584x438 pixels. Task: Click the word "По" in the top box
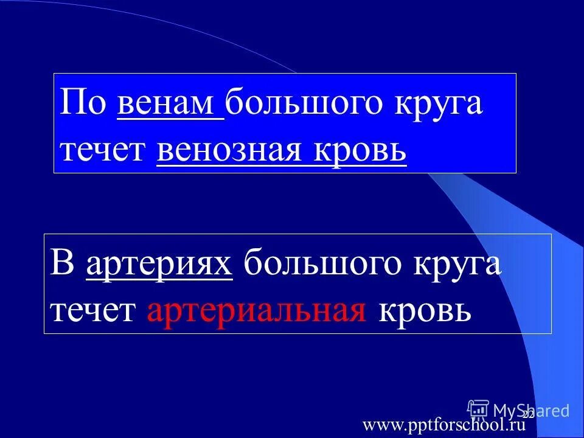pos(83,104)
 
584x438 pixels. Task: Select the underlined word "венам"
pos(170,104)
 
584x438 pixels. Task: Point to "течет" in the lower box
pos(94,311)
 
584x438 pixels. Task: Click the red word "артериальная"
pos(256,311)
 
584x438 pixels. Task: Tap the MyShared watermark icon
pos(478,410)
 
